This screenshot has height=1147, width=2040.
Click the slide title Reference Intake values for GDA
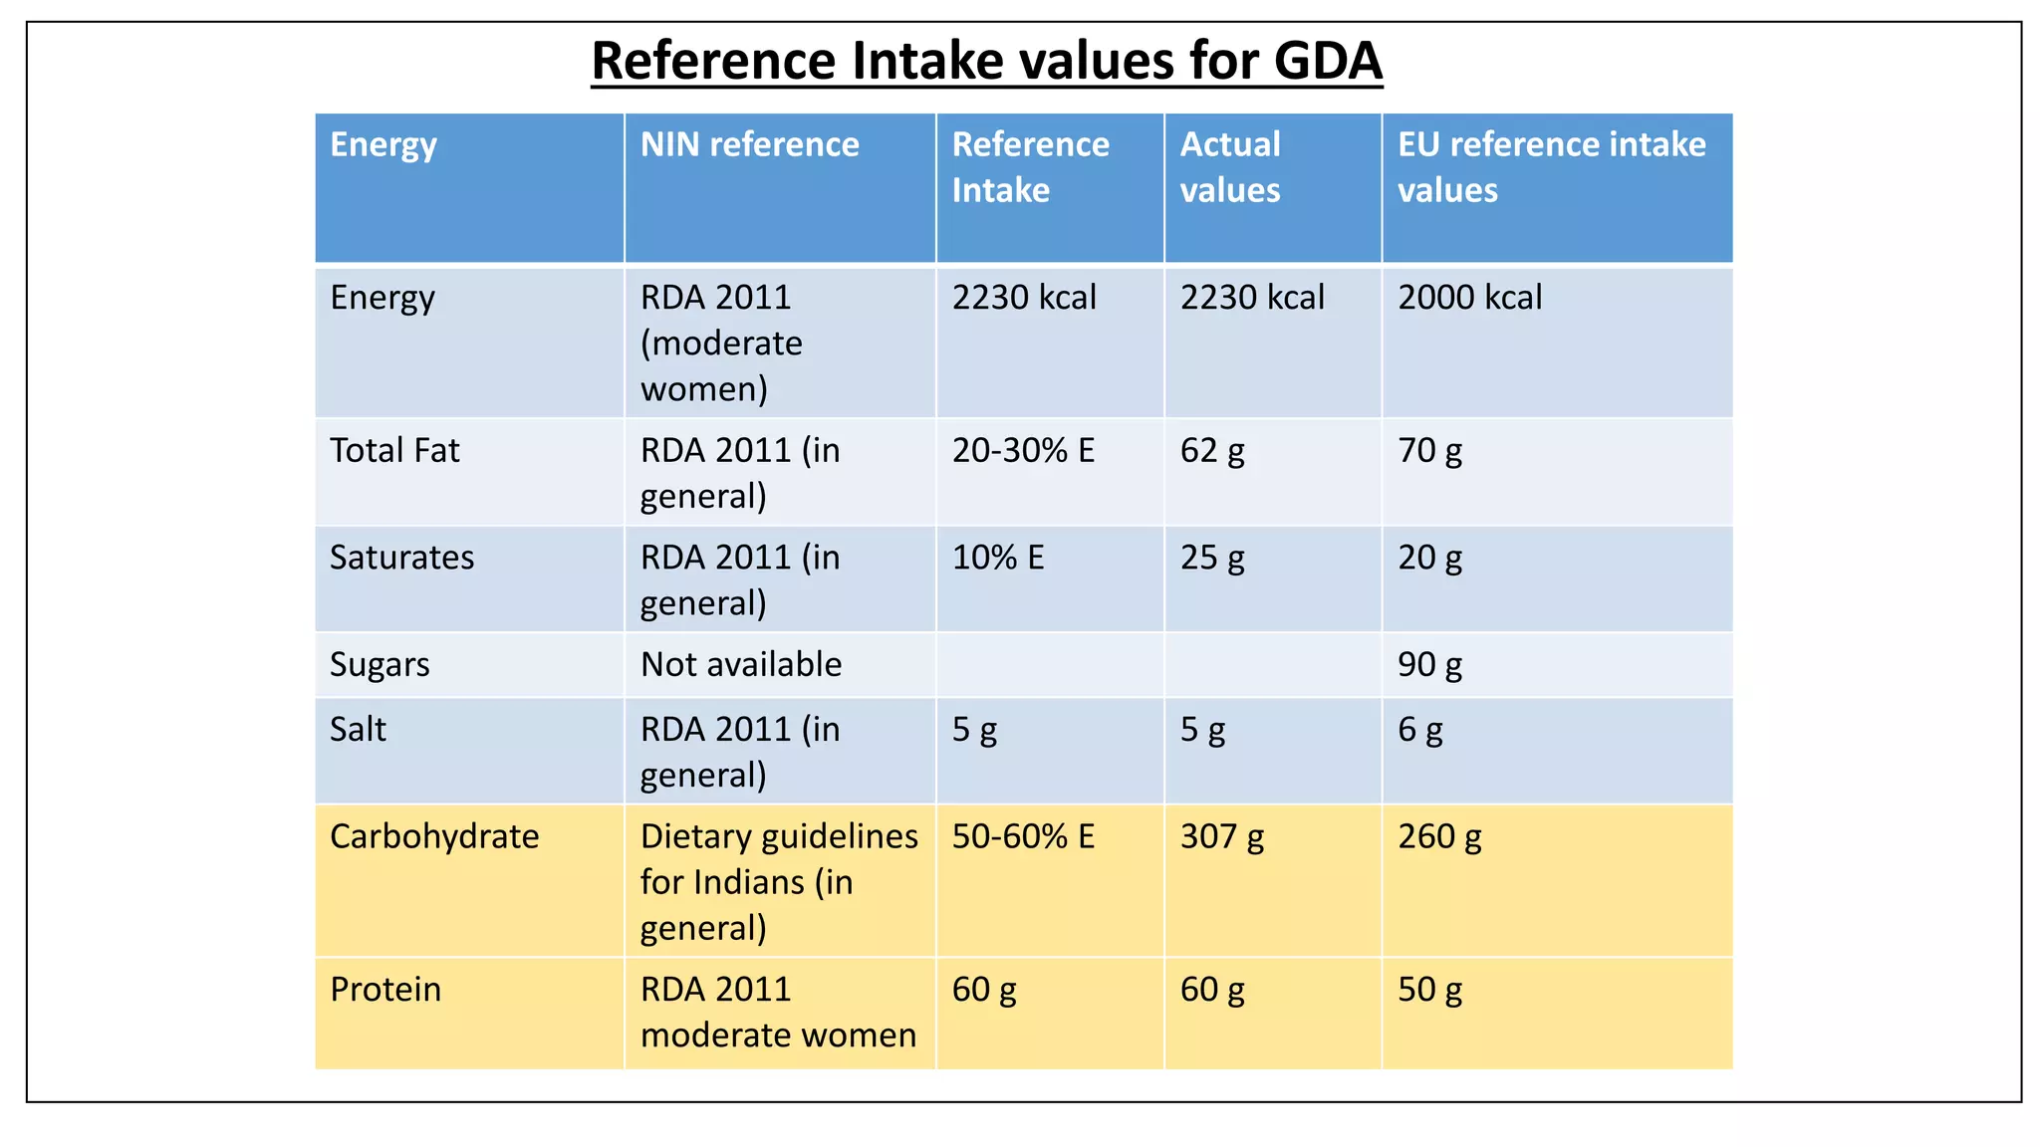[x=986, y=61]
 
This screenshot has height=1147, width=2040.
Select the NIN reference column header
[x=749, y=145]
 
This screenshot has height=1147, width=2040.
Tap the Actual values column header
[x=1230, y=167]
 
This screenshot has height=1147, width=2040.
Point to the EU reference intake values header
[x=1551, y=167]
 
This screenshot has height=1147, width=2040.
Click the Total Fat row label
[x=394, y=451]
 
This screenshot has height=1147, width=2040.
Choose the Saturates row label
[x=401, y=558]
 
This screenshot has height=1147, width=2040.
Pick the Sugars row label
[x=380, y=665]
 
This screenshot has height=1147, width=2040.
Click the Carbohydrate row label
[x=434, y=836]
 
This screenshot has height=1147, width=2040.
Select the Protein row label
[x=385, y=990]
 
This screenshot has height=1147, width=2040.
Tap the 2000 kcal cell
[x=1469, y=298]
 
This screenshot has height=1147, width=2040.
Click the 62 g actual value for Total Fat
[x=1212, y=451]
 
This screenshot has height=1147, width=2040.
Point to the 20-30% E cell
[x=1023, y=451]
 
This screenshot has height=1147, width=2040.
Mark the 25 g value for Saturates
[x=1212, y=558]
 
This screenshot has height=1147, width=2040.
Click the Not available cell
[x=741, y=665]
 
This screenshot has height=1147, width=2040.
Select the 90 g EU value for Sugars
[x=1429, y=665]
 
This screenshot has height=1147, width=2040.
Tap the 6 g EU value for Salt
[x=1419, y=730]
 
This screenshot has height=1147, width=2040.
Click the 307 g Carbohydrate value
[x=1222, y=836]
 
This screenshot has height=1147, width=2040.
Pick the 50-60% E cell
[x=1023, y=836]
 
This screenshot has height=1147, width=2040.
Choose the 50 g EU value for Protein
[x=1429, y=990]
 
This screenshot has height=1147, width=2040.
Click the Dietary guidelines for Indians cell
[x=779, y=882]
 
